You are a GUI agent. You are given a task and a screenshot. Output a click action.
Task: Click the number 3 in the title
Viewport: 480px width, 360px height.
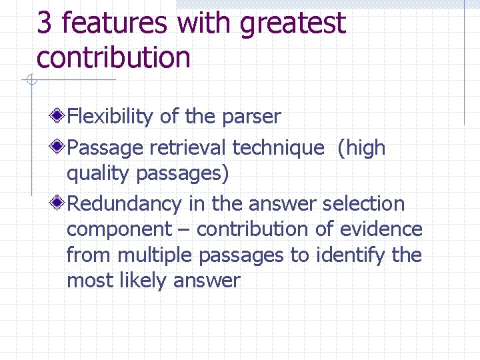coord(44,23)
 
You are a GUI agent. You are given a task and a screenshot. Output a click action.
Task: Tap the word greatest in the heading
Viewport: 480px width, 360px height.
coord(293,24)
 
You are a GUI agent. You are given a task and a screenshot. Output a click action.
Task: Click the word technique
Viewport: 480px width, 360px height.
coord(280,148)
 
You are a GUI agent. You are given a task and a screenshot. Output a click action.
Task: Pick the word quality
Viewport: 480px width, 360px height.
coord(98,174)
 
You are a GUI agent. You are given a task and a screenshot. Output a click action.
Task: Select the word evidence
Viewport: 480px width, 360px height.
coord(381,229)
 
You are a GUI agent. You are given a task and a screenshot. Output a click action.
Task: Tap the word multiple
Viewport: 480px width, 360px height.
coord(159,256)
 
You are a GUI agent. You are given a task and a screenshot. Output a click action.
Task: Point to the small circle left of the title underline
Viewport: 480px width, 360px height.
coord(31,81)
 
